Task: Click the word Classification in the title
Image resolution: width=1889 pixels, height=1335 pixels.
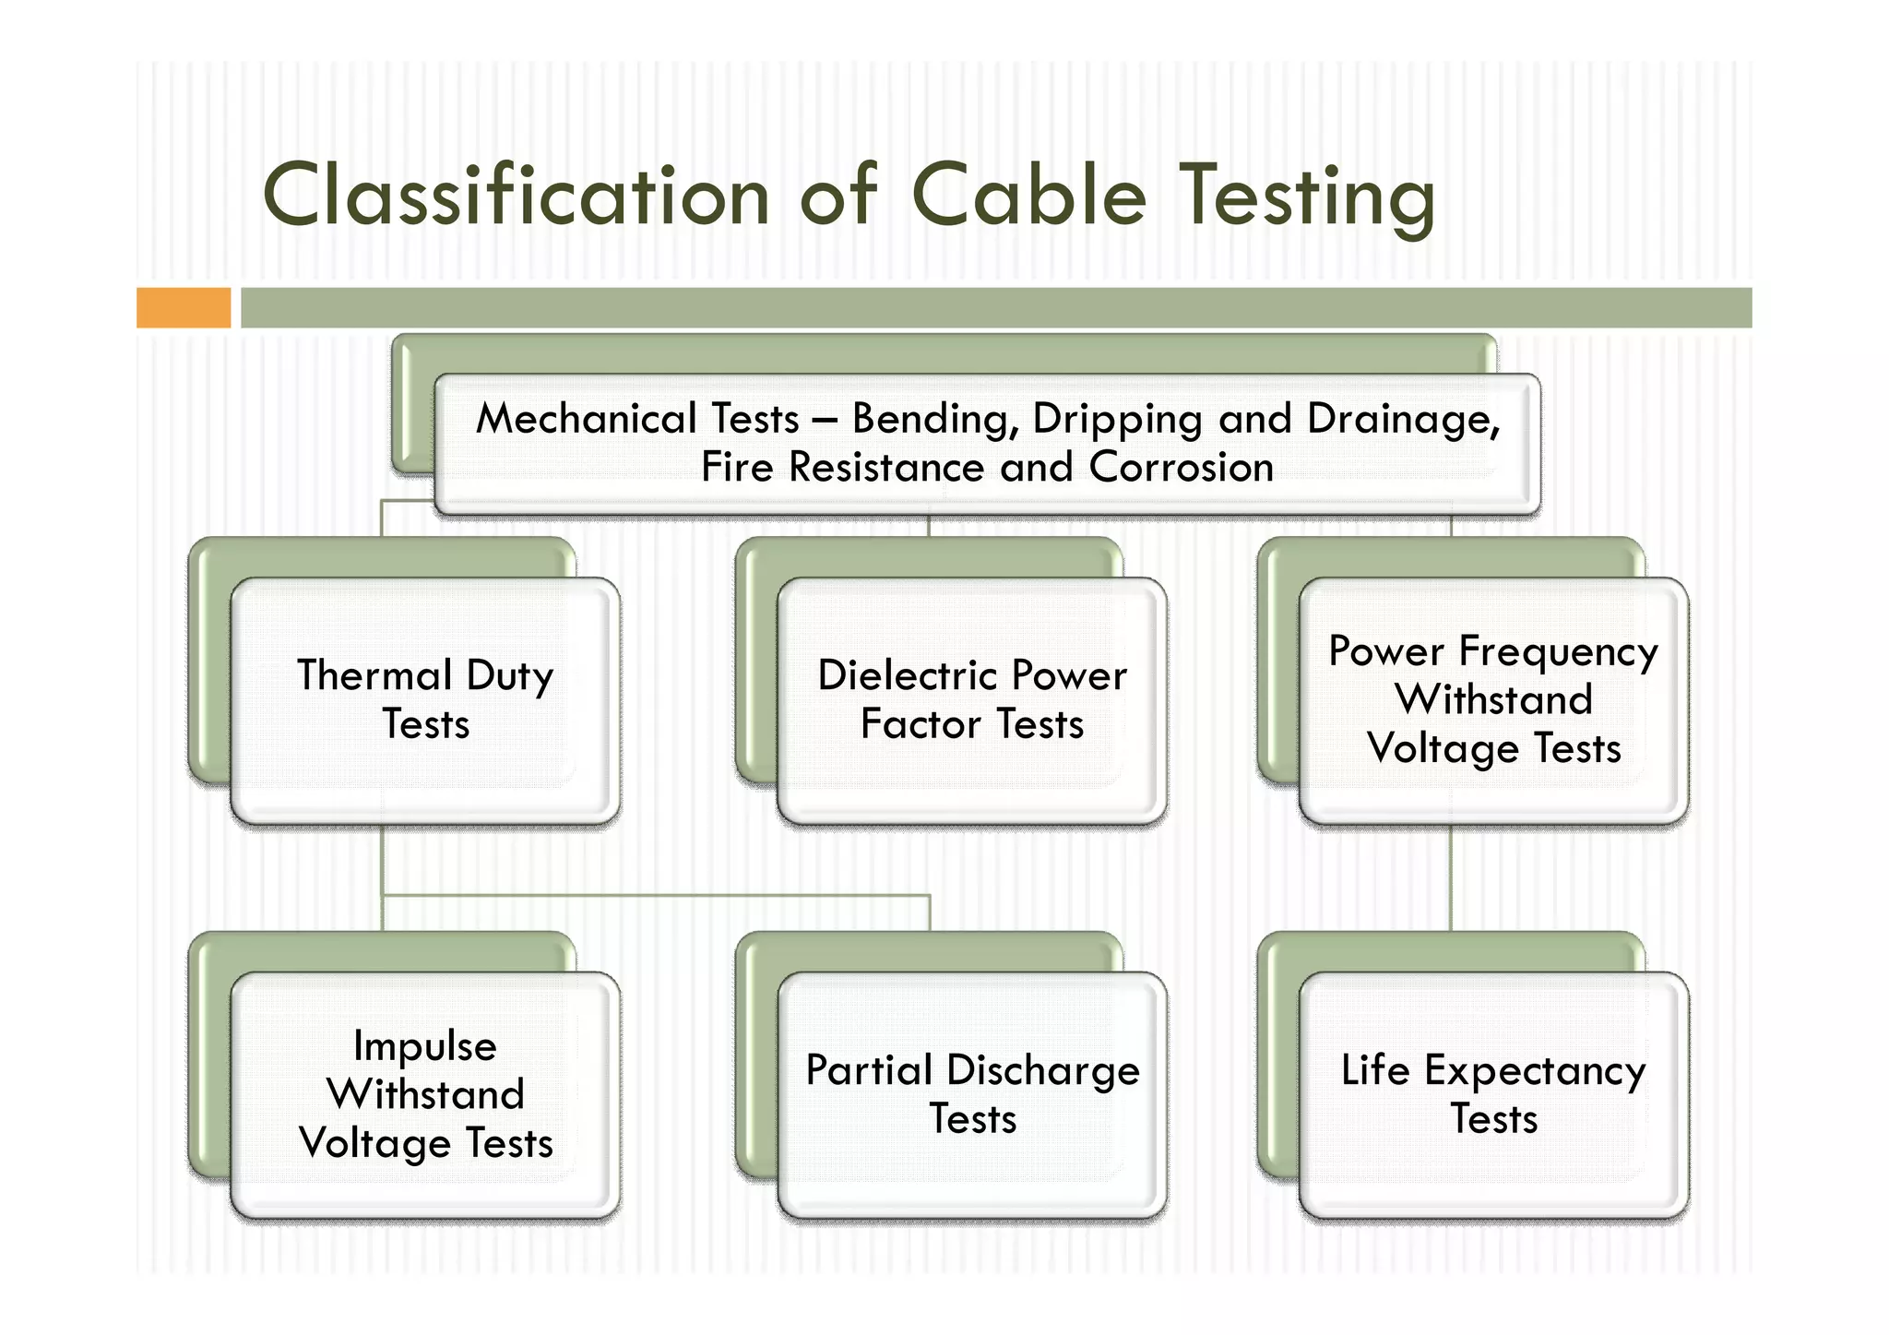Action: click(517, 196)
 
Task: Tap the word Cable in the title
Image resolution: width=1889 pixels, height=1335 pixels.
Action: click(1028, 196)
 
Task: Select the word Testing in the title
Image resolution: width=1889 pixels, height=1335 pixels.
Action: click(1308, 197)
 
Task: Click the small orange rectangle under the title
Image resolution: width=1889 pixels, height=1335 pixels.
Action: click(184, 307)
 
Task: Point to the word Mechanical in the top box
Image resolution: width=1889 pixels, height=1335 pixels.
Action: click(637, 419)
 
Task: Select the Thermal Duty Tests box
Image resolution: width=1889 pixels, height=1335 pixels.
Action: click(425, 699)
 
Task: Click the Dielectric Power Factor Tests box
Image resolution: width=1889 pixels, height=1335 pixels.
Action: click(971, 699)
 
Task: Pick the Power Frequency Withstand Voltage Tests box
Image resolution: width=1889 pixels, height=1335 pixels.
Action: click(1493, 699)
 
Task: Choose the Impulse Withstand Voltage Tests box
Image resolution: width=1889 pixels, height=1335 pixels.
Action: click(425, 1094)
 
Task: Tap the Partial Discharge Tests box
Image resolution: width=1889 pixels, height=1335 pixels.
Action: click(971, 1094)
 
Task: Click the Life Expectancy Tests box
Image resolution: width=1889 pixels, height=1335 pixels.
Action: click(1493, 1094)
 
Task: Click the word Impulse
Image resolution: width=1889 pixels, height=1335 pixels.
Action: click(425, 1046)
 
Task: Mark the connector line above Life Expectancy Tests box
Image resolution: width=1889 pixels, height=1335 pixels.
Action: click(1451, 876)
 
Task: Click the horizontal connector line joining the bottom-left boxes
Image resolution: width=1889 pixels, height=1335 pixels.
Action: click(655, 895)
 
